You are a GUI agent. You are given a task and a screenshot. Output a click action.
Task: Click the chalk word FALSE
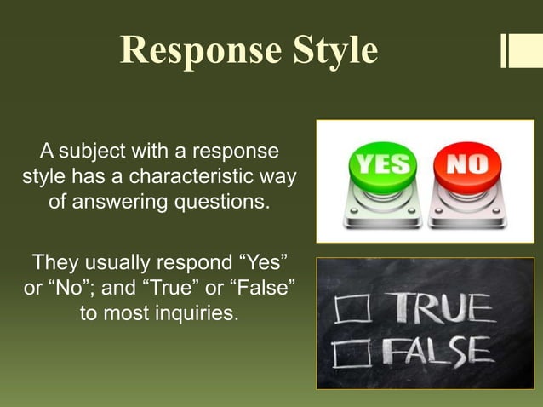[x=435, y=351]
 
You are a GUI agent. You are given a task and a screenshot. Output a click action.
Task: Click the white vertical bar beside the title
[x=505, y=50]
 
